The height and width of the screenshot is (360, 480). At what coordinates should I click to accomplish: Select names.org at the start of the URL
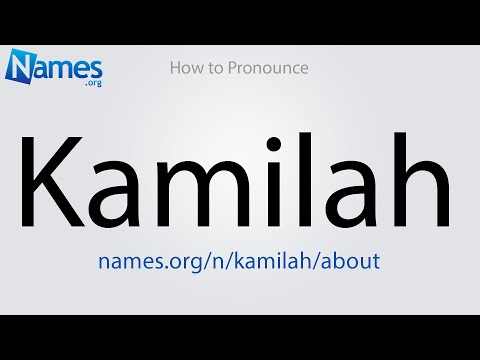click(x=141, y=260)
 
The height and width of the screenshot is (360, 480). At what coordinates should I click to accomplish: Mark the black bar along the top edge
click(x=240, y=21)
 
